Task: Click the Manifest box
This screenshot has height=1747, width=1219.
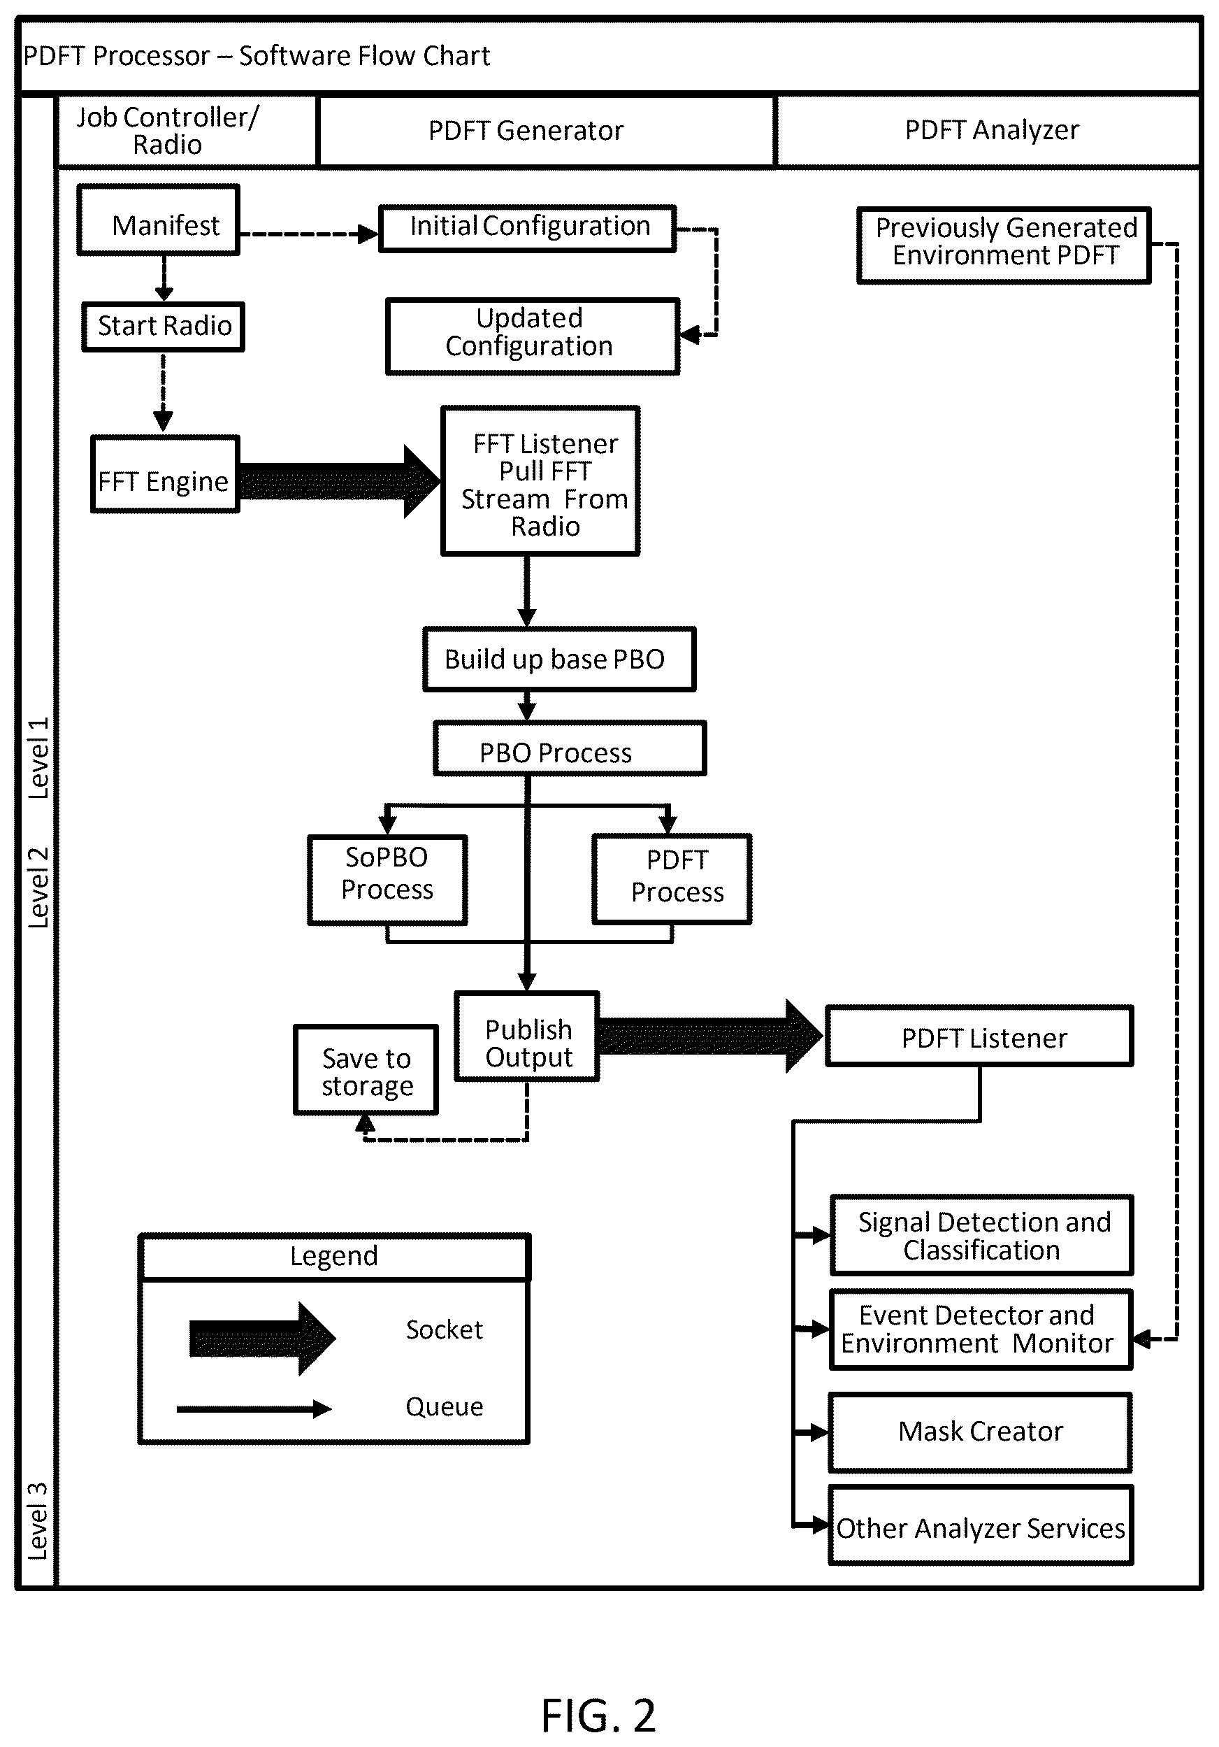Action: tap(158, 220)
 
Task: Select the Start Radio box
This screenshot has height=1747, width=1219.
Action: tap(164, 327)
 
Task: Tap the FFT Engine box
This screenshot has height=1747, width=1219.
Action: tap(165, 474)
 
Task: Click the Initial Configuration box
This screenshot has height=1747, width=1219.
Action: tap(528, 227)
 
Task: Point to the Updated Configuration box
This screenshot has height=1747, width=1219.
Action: tap(533, 336)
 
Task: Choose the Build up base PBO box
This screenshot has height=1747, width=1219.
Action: tap(560, 659)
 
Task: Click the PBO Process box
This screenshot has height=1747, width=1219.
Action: tap(570, 749)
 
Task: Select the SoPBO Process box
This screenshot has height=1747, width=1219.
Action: tap(388, 880)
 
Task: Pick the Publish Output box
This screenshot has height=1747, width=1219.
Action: tap(527, 1036)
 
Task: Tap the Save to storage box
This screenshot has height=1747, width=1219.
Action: tap(366, 1071)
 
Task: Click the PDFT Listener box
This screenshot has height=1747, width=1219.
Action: tap(979, 1036)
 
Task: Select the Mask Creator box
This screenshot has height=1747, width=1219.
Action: tap(980, 1433)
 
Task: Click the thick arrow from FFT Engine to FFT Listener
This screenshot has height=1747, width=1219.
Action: tap(340, 482)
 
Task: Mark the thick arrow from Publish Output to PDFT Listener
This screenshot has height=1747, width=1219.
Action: tap(711, 1036)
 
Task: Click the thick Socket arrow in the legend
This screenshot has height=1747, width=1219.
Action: tap(262, 1339)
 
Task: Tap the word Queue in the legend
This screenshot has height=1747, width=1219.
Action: tap(444, 1407)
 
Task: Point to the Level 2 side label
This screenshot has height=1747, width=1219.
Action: tap(38, 887)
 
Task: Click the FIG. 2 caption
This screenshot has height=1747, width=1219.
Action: tap(598, 1716)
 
